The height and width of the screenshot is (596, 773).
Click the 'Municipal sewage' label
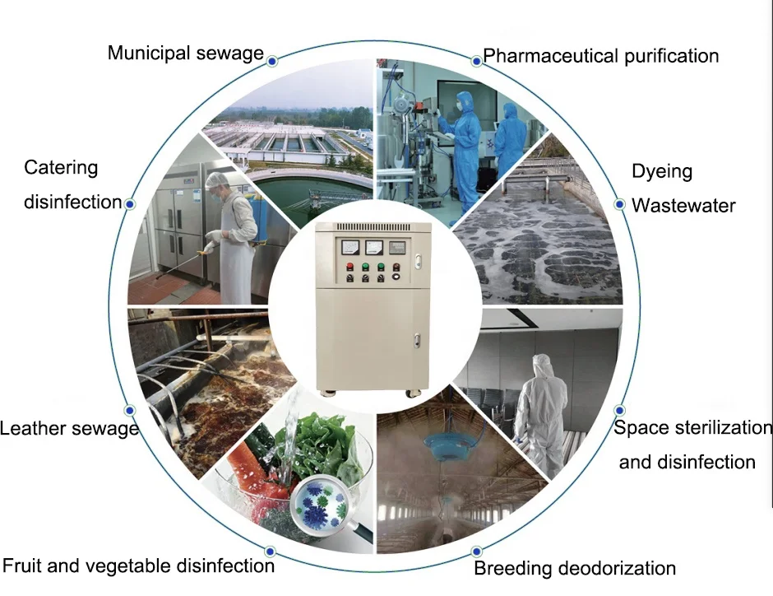[x=185, y=54]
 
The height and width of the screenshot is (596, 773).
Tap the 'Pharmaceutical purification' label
[x=600, y=56]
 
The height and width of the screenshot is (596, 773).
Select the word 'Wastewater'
[x=683, y=205]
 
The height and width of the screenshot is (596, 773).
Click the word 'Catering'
[x=61, y=168]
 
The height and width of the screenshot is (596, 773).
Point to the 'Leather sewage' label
[x=69, y=428]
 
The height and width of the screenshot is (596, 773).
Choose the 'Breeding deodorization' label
[x=575, y=568]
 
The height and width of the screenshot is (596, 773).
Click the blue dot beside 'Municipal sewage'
[x=271, y=59]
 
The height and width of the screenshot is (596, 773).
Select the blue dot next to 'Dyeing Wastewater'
[x=619, y=203]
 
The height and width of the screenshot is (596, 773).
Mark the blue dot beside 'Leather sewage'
[x=129, y=409]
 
